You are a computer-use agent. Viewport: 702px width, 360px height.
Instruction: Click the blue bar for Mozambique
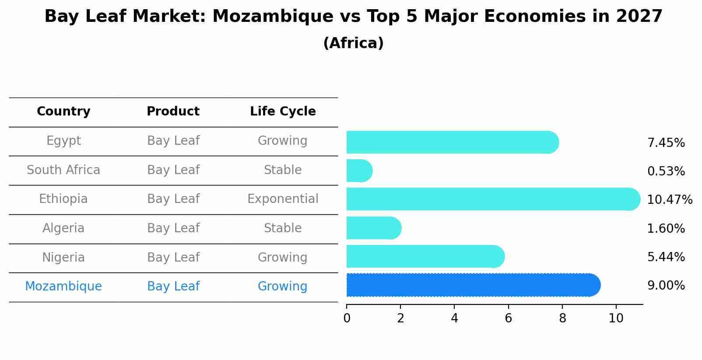pyautogui.click(x=473, y=285)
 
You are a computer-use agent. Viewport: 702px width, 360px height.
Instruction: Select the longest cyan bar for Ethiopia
pyautogui.click(x=492, y=199)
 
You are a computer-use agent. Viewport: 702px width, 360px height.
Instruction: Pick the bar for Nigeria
pyautogui.click(x=425, y=256)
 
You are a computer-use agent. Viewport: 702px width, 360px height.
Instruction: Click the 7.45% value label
pyautogui.click(x=666, y=143)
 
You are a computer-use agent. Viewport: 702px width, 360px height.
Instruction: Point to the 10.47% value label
pyautogui.click(x=669, y=200)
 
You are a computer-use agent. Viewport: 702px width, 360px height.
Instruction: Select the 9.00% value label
pyautogui.click(x=666, y=286)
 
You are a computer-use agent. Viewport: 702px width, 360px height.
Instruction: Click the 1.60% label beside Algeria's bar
pyautogui.click(x=666, y=229)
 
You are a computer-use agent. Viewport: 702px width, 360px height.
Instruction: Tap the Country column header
pyautogui.click(x=63, y=112)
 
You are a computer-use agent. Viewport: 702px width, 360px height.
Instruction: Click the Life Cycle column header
pyautogui.click(x=283, y=112)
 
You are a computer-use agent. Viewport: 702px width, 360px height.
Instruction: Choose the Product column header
pyautogui.click(x=173, y=112)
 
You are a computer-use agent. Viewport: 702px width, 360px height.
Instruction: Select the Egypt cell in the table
pyautogui.click(x=63, y=141)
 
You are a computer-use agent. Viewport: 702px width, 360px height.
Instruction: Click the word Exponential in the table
pyautogui.click(x=283, y=199)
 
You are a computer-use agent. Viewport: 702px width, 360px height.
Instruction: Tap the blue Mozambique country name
pyautogui.click(x=63, y=287)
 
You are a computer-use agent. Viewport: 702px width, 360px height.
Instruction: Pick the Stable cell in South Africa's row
pyautogui.click(x=283, y=170)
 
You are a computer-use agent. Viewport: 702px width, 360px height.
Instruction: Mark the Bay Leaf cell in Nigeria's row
pyautogui.click(x=173, y=258)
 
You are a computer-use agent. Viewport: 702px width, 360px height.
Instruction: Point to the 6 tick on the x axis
pyautogui.click(x=508, y=318)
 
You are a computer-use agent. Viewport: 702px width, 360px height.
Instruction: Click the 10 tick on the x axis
pyautogui.click(x=616, y=318)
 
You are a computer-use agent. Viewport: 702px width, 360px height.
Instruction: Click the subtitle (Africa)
pyautogui.click(x=353, y=43)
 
